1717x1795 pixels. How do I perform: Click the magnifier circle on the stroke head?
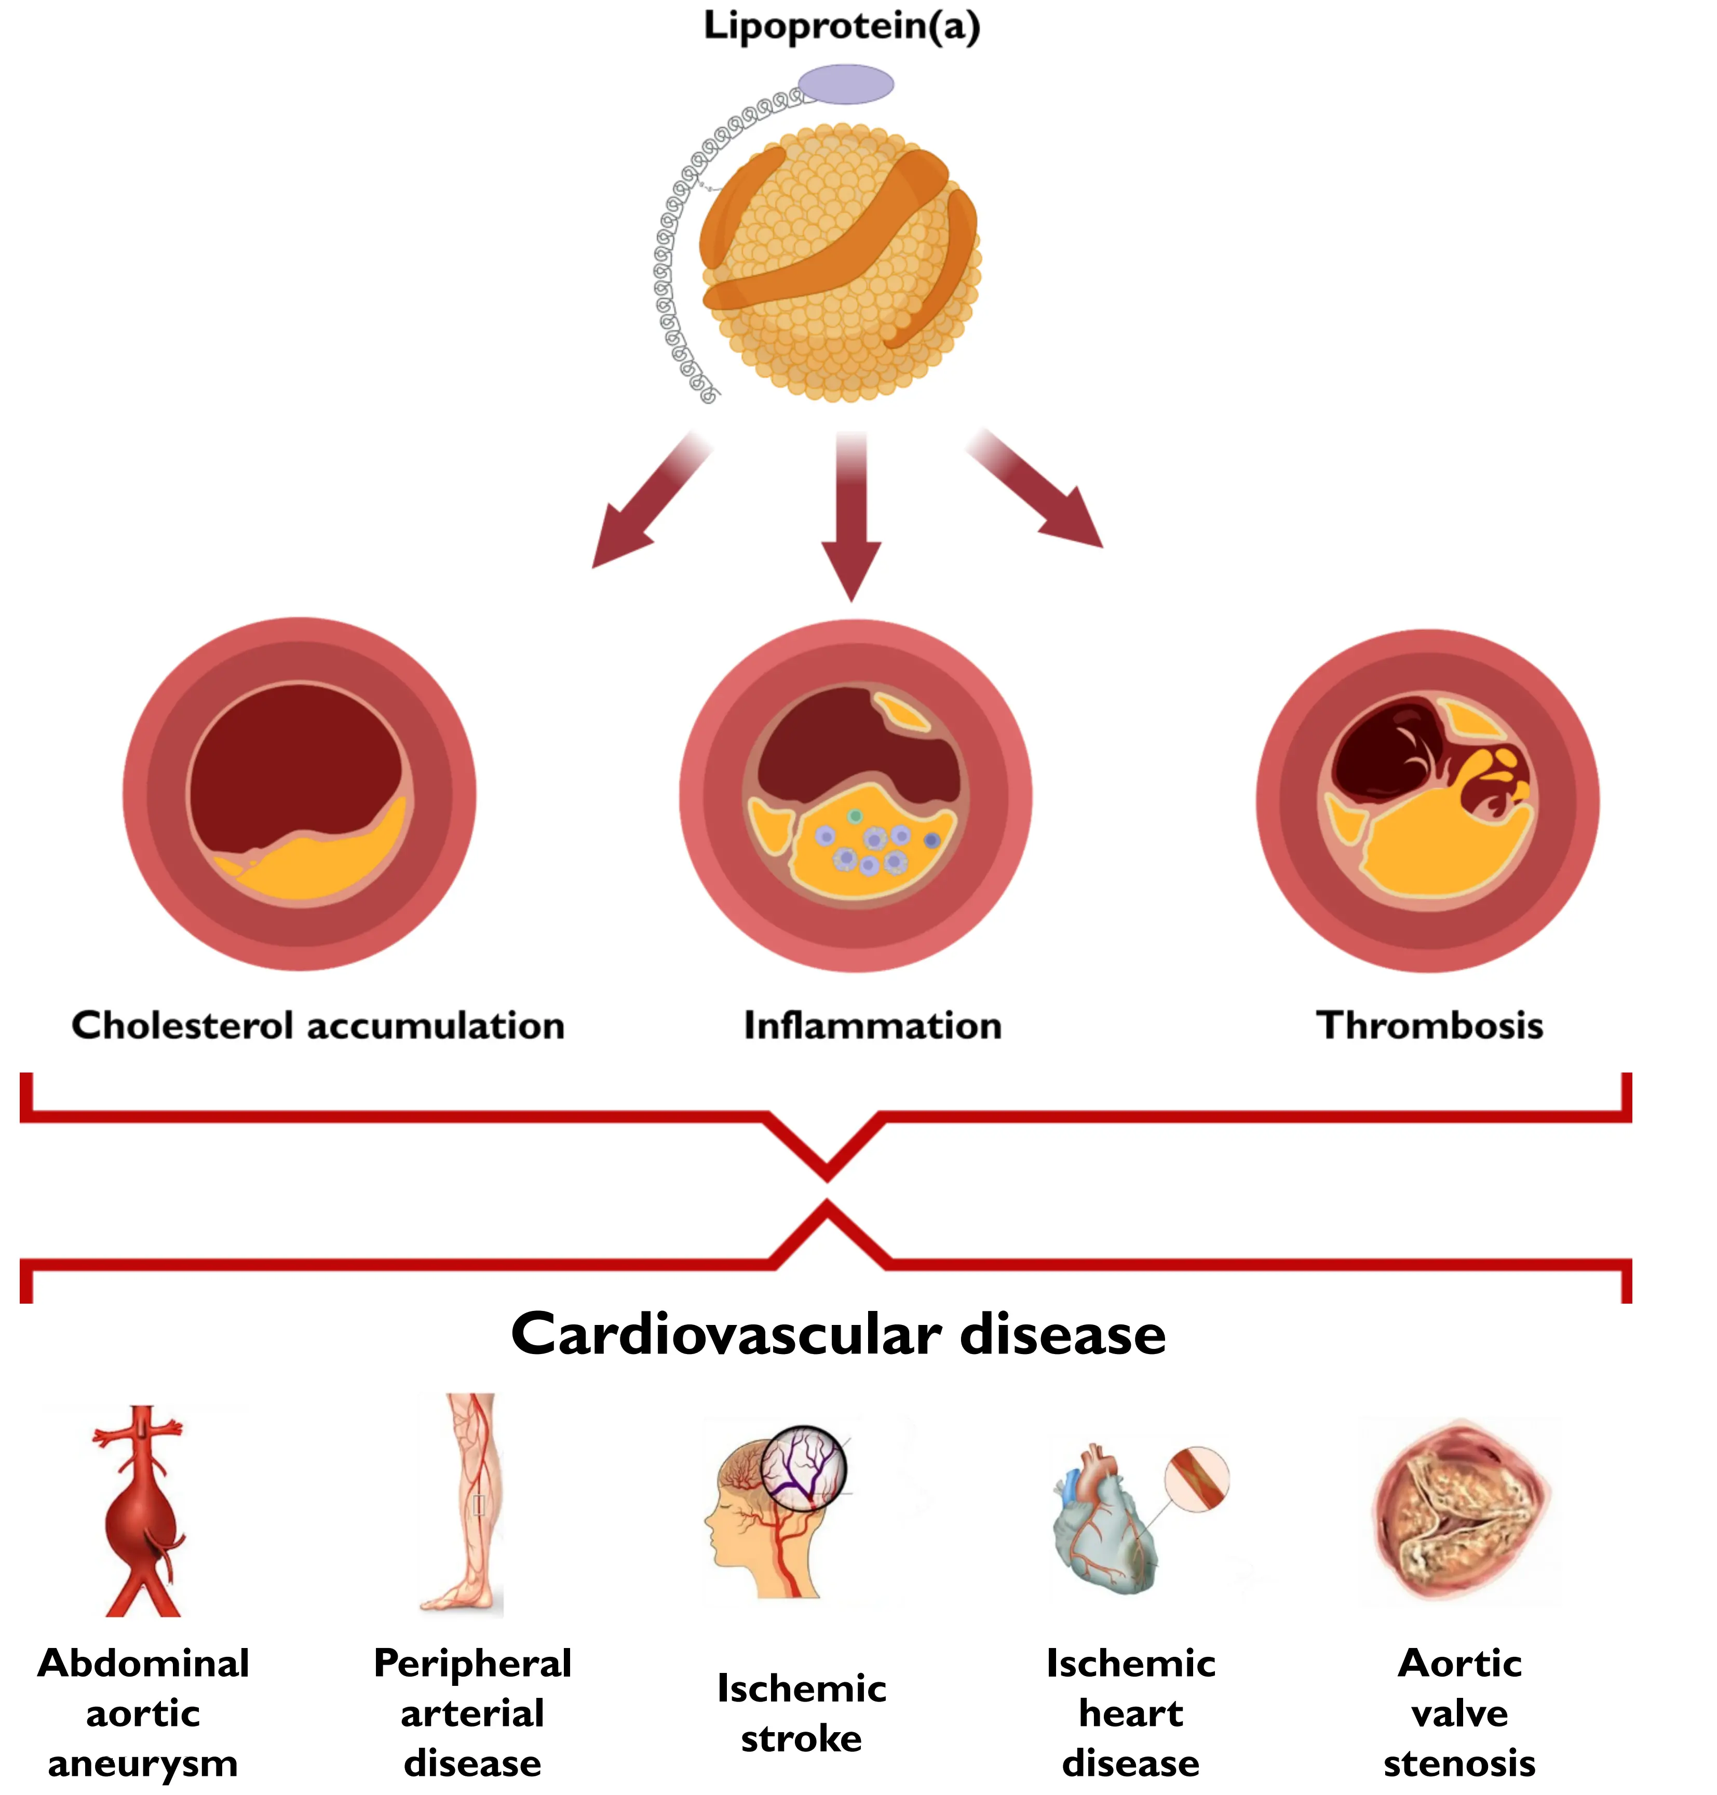[804, 1467]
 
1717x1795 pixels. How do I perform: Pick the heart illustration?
[1103, 1524]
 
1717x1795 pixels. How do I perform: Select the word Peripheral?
[472, 1663]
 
